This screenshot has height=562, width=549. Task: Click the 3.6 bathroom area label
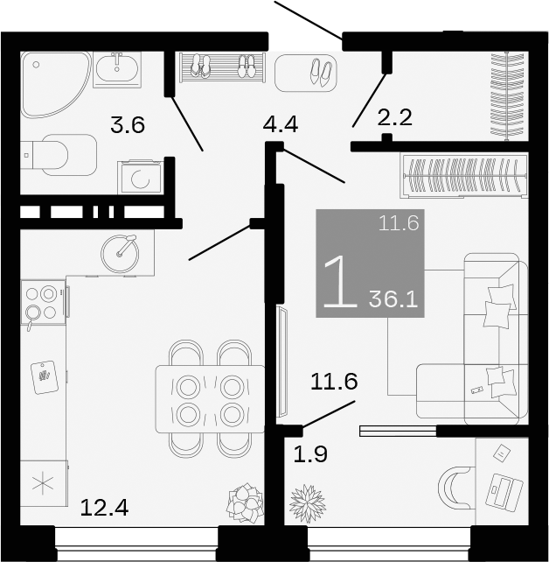(x=127, y=125)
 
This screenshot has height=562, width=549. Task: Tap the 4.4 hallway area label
(x=281, y=124)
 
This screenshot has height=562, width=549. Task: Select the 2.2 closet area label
(x=394, y=117)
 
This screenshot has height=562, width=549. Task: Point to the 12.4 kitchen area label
(x=104, y=506)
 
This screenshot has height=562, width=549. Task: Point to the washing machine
(x=139, y=178)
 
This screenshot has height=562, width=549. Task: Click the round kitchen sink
(x=121, y=252)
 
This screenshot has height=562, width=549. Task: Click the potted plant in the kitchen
(x=245, y=503)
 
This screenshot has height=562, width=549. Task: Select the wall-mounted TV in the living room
(x=281, y=362)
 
